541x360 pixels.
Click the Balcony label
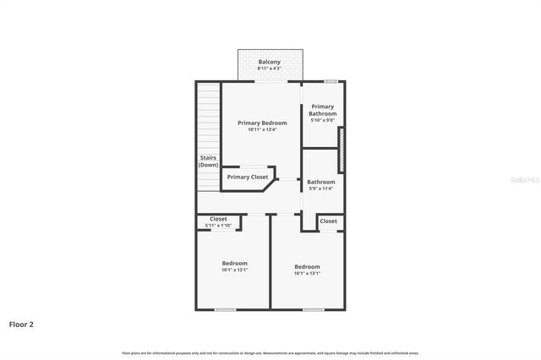269,62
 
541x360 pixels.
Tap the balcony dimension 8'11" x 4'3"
269,68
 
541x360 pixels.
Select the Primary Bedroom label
262,123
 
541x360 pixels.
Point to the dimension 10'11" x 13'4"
262,129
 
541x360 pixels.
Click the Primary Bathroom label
322,110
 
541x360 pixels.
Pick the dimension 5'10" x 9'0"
322,120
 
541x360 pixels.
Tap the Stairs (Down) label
208,161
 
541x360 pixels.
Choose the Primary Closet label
248,177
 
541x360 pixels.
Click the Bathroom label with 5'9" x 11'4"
321,182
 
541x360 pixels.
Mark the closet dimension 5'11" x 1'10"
218,226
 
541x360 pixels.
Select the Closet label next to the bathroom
329,221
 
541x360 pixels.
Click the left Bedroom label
234,263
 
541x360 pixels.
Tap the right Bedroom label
307,266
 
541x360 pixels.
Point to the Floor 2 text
21,324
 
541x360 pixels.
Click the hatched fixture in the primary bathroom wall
341,148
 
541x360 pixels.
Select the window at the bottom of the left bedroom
225,309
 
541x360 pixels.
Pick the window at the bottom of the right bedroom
313,309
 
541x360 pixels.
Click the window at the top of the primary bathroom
331,80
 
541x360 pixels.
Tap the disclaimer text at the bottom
270,353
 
